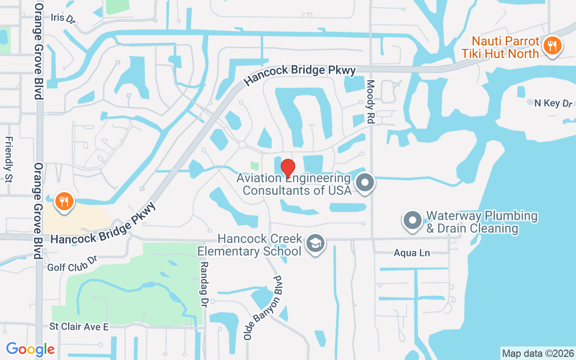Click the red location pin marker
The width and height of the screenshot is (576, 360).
point(288,168)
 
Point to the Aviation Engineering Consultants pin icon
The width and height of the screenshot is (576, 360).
point(365,183)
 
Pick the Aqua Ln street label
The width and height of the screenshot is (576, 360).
point(412,253)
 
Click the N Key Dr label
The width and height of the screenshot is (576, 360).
point(553,103)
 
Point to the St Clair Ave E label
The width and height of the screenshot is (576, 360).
point(79,326)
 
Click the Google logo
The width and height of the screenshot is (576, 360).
point(30,349)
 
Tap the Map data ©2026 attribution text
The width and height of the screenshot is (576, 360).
point(538,353)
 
